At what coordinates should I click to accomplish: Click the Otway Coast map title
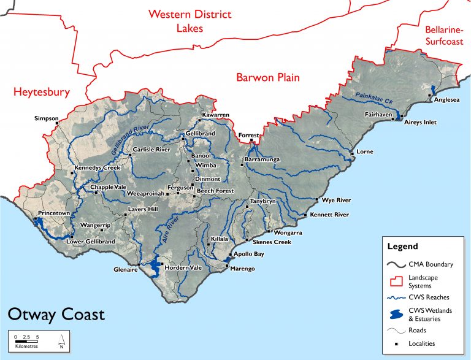[56, 315]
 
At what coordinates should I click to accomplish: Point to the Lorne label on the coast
[365, 151]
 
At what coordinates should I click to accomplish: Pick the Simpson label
[46, 118]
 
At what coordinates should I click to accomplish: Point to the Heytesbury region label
[42, 93]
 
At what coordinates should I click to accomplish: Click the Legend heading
[402, 247]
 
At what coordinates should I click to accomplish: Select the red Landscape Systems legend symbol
[399, 281]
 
